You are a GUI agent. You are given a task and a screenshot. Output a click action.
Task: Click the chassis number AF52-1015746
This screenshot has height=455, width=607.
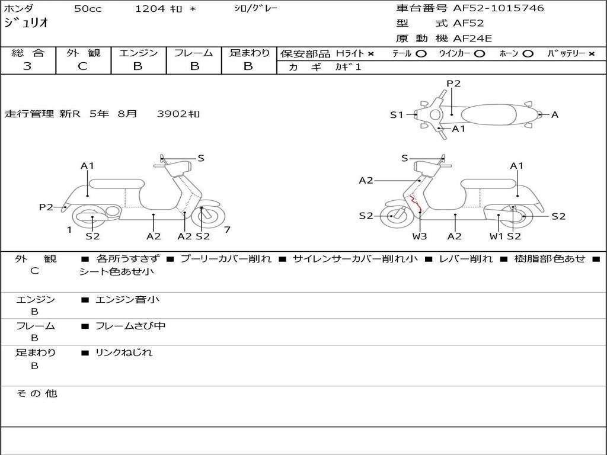(498, 8)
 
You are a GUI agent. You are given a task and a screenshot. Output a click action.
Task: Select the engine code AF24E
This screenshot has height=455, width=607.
(472, 39)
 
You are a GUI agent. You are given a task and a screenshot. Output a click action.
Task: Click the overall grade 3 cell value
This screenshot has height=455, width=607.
(27, 66)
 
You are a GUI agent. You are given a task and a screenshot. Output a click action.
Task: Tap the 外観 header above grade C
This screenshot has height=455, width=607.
(83, 53)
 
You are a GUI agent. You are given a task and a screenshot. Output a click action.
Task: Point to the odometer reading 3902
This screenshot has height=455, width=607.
(172, 114)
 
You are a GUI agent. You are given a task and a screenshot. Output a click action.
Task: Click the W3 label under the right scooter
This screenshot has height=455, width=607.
(419, 236)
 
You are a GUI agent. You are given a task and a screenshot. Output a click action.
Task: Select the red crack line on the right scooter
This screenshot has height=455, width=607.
(415, 204)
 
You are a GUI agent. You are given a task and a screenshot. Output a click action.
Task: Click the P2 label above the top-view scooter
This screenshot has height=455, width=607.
(453, 84)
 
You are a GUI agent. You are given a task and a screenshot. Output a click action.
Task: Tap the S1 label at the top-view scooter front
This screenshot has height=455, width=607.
(397, 114)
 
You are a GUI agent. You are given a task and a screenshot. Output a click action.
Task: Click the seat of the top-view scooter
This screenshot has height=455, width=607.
(488, 115)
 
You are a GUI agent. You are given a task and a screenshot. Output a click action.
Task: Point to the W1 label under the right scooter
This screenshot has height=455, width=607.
(497, 236)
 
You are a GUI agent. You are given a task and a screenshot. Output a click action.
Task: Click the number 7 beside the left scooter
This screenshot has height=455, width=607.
(227, 230)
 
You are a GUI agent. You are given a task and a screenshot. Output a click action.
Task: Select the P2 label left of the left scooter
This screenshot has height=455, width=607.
(46, 207)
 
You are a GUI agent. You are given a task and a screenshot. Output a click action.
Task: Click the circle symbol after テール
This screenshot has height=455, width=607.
(421, 54)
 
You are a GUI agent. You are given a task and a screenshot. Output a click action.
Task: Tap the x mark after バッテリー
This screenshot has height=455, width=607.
(592, 54)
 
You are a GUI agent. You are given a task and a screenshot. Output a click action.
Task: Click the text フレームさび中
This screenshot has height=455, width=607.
(130, 326)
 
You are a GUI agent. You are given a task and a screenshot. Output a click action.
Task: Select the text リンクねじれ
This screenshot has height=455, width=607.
(124, 353)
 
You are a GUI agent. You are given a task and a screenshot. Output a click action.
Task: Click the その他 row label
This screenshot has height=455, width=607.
(37, 393)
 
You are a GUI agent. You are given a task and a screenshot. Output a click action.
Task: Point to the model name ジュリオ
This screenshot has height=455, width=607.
(26, 23)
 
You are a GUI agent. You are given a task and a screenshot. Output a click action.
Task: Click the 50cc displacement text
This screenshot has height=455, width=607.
(88, 8)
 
